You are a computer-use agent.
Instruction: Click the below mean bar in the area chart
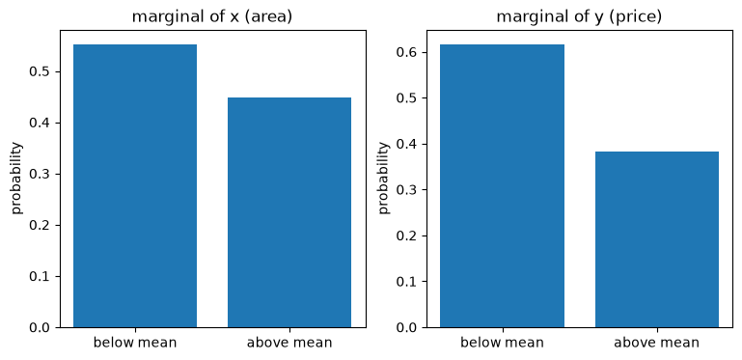point(135,186)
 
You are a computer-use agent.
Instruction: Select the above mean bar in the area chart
point(289,212)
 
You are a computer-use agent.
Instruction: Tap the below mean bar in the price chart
point(502,186)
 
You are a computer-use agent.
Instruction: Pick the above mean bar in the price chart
point(657,239)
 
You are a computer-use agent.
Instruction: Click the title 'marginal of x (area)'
point(212,17)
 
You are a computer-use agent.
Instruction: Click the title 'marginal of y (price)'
point(579,17)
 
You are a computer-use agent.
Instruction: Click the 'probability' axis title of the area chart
point(16,178)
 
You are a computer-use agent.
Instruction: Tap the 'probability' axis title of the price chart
point(384,178)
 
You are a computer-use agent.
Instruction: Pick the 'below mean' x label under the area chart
point(135,342)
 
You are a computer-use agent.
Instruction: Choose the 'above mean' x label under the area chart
point(289,342)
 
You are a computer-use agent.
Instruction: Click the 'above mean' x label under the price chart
point(657,342)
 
